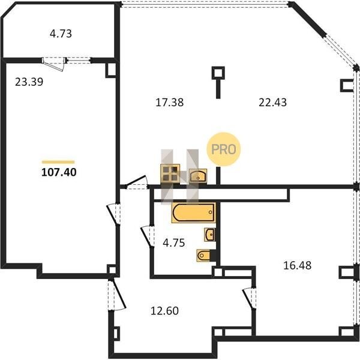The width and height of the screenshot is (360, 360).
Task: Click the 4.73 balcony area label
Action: coord(61,34)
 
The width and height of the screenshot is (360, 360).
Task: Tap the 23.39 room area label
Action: coord(29,82)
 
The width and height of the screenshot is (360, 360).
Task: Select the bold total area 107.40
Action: coord(59,172)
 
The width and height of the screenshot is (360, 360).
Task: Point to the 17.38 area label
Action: coord(169,103)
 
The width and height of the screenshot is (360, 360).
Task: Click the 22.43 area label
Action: coord(273,103)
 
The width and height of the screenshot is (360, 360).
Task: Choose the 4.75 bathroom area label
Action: coord(174,243)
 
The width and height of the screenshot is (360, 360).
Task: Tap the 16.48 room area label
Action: coord(298,265)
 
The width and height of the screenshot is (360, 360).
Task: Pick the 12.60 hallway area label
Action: coord(164,311)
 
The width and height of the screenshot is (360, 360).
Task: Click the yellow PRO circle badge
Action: coord(224,149)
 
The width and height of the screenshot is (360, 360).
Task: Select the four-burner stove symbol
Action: coord(170,173)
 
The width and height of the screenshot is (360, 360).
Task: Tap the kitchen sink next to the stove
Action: coord(198,176)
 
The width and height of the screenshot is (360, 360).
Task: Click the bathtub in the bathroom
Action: coord(194,212)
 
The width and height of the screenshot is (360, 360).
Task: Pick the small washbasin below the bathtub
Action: coord(210,235)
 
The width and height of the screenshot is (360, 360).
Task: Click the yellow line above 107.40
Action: coord(58,162)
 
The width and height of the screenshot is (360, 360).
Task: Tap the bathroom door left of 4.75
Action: coord(148,237)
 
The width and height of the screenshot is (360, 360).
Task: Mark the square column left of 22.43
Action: coord(218,73)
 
